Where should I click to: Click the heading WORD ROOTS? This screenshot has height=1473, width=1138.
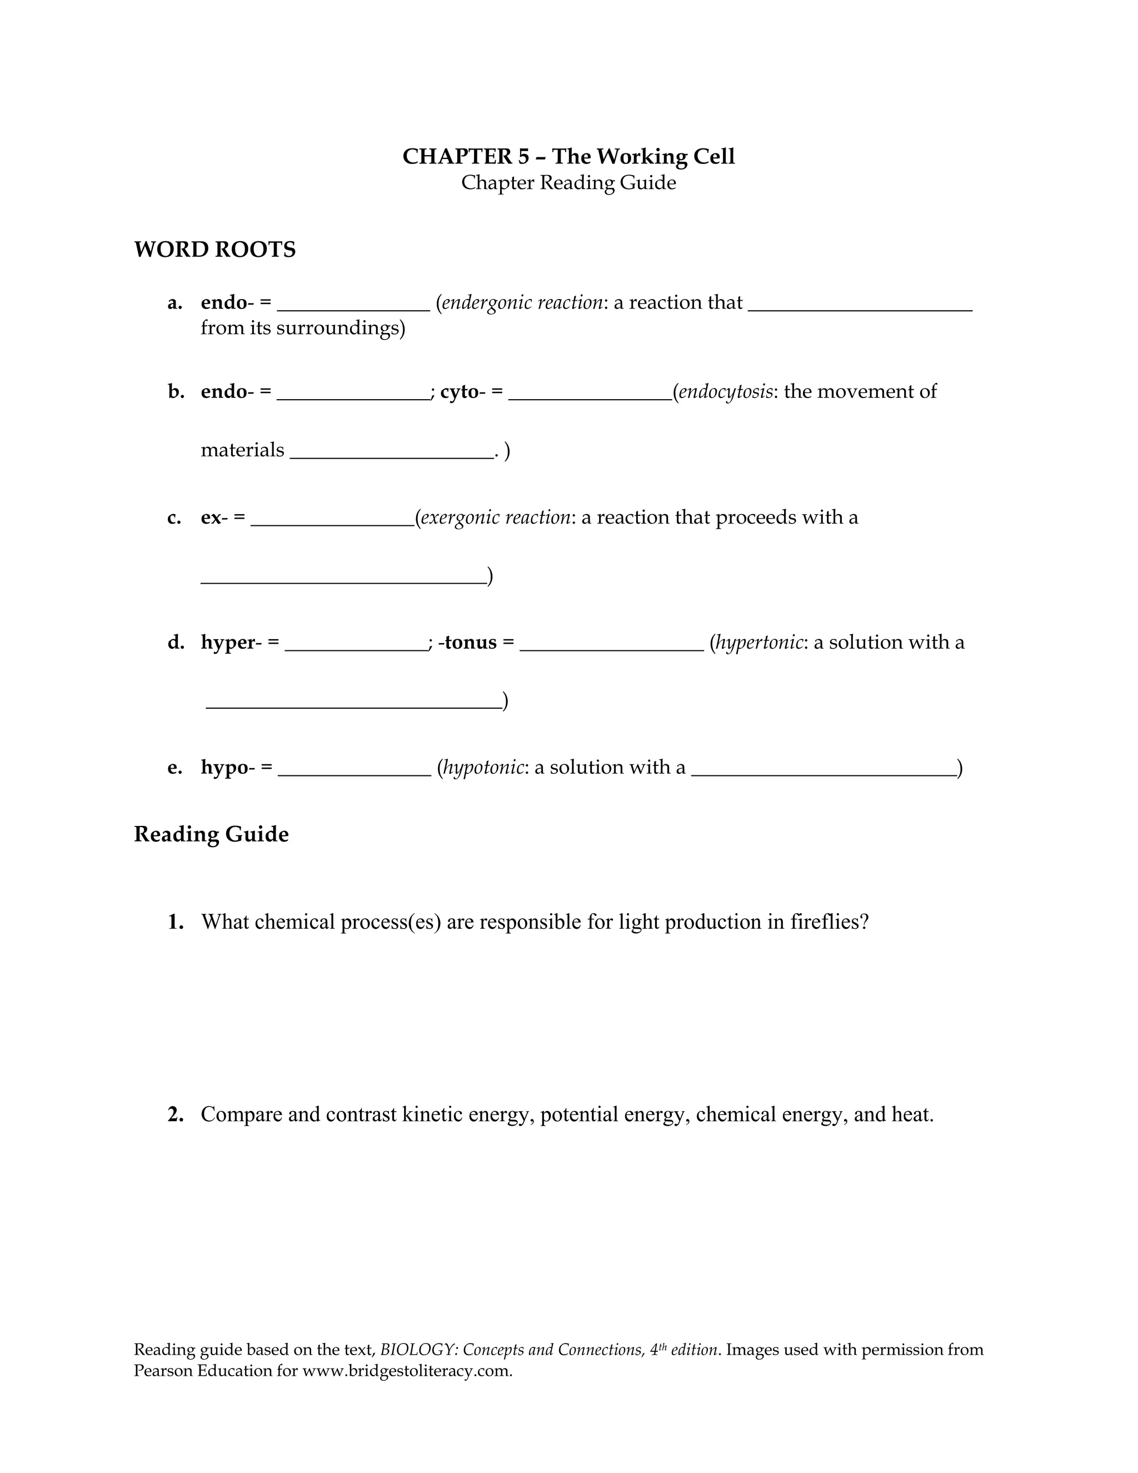pos(214,250)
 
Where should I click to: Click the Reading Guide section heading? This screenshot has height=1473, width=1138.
pos(211,834)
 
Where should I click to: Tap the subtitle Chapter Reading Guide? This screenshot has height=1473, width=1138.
pos(568,183)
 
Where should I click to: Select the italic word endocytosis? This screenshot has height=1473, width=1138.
pos(725,392)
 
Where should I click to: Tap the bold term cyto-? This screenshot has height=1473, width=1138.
pos(462,392)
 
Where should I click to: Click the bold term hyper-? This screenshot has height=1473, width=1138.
pos(231,642)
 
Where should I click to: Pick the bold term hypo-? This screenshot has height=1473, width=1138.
pos(227,768)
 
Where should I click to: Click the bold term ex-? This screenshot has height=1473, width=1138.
pos(214,517)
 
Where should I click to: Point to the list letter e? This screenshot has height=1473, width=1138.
pos(174,768)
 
